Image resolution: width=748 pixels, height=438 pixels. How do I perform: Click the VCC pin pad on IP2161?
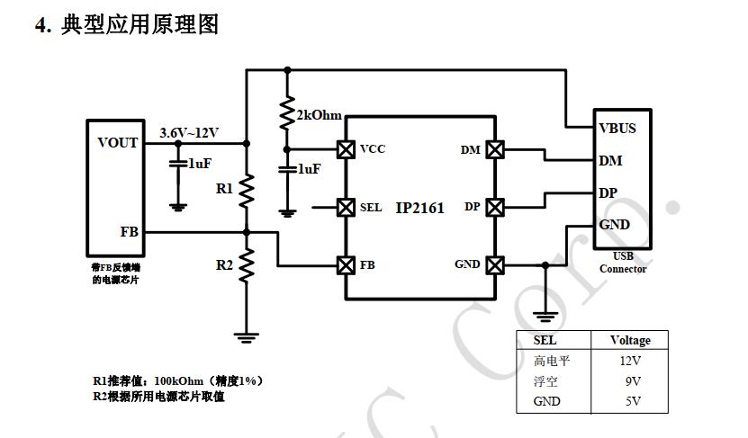tap(345, 148)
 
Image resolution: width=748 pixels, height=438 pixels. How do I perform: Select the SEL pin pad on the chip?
tap(345, 207)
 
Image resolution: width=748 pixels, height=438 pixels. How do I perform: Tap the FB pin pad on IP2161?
tap(345, 265)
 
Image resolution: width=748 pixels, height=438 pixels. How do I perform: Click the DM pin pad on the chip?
tap(494, 149)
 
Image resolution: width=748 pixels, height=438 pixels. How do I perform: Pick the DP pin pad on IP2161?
tap(494, 207)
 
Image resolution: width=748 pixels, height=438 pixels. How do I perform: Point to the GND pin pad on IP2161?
tap(494, 265)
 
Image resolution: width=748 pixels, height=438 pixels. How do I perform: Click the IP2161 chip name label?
tap(420, 208)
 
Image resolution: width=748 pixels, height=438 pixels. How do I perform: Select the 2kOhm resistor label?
tap(319, 115)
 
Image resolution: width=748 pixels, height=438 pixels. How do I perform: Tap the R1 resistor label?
tap(224, 189)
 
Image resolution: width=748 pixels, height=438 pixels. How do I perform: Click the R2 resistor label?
tap(224, 265)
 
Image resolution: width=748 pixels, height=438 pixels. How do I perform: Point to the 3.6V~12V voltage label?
tap(189, 132)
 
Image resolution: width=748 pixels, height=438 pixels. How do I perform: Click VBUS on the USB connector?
tap(617, 128)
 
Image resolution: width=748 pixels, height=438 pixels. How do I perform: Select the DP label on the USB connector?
tap(608, 192)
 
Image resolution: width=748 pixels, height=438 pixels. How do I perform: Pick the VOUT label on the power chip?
tap(118, 142)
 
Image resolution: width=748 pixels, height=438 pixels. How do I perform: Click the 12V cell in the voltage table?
tap(629, 361)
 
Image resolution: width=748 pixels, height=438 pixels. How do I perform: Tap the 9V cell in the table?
tap(629, 380)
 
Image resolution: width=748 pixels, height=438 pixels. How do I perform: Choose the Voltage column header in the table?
tap(629, 340)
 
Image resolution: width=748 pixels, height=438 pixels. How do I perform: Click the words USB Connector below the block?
tap(623, 263)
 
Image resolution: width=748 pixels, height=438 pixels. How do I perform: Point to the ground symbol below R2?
tap(246, 337)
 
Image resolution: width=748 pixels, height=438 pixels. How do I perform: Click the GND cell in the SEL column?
tap(546, 401)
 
